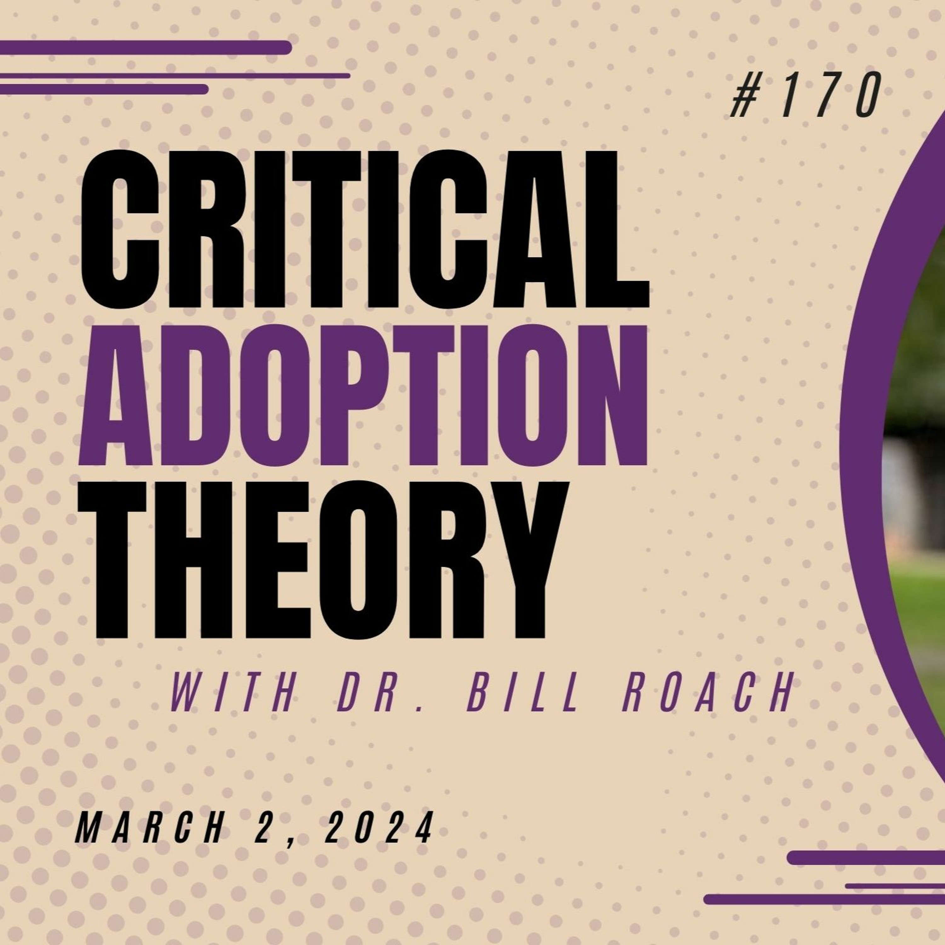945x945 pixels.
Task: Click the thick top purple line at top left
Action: point(146,48)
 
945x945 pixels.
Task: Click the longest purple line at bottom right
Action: point(824,913)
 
